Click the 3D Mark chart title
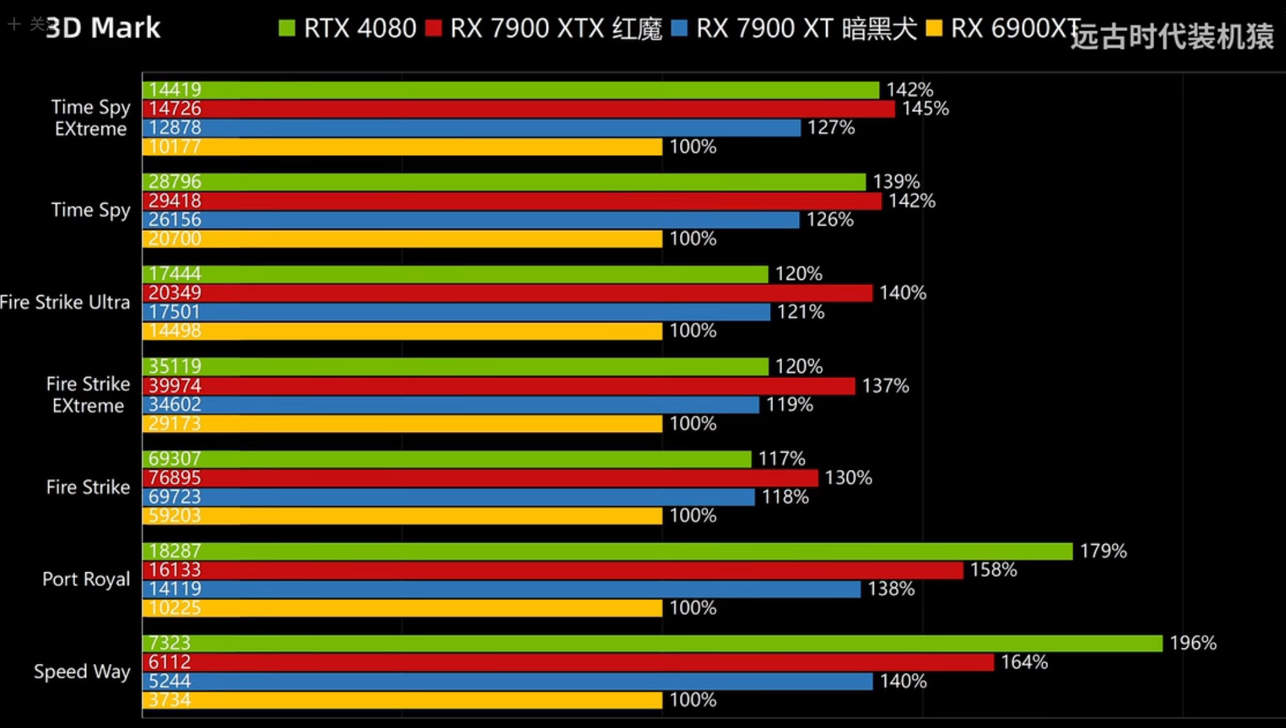tap(103, 28)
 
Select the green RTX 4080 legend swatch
tap(287, 28)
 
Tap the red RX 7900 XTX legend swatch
tap(433, 28)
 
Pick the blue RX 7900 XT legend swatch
tap(679, 28)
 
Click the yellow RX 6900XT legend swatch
tap(933, 28)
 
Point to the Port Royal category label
tap(86, 579)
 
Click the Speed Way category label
tap(82, 671)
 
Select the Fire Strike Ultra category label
tap(65, 302)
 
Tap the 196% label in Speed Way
tap(1193, 643)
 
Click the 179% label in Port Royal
tap(1103, 551)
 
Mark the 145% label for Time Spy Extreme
tap(925, 109)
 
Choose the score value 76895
tap(175, 478)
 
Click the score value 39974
tap(175, 385)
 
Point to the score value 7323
tap(169, 643)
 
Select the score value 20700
tap(175, 239)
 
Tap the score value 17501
tap(175, 312)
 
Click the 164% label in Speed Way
tap(1024, 661)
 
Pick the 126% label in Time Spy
tap(829, 220)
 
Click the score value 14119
tap(175, 588)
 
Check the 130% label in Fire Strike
tap(848, 478)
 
